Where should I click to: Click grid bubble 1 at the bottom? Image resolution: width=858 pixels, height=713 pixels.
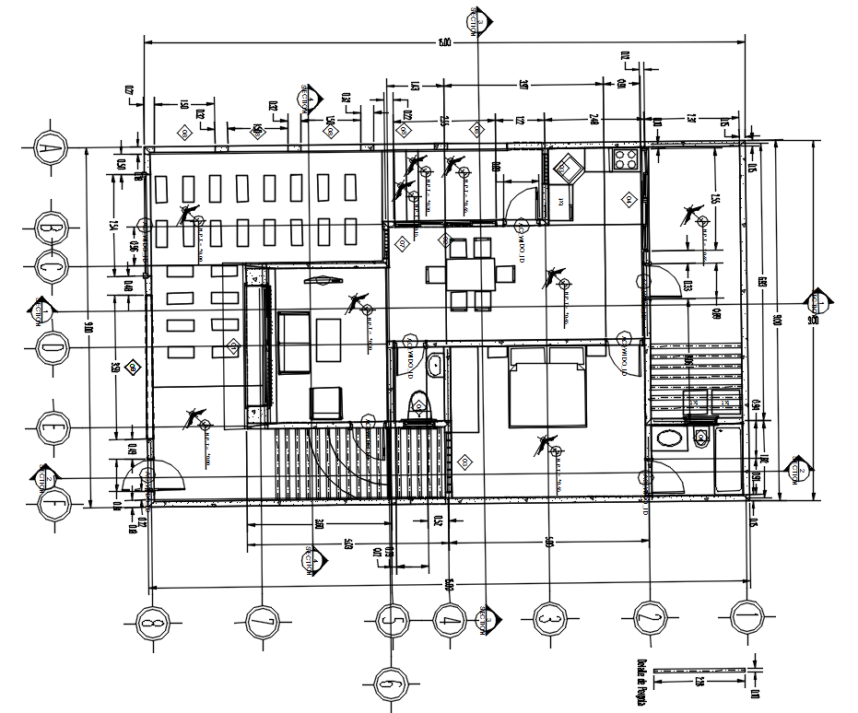(x=746, y=615)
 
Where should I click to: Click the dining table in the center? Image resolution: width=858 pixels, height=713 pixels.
(x=471, y=274)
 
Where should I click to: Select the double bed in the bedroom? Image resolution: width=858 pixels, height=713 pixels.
(x=548, y=387)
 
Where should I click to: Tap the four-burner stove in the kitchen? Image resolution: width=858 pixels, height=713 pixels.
(x=625, y=159)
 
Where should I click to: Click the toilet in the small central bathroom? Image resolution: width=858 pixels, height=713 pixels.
(x=419, y=405)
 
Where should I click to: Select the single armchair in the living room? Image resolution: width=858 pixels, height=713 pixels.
(x=324, y=403)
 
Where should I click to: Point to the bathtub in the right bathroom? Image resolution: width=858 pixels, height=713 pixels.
(x=728, y=460)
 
